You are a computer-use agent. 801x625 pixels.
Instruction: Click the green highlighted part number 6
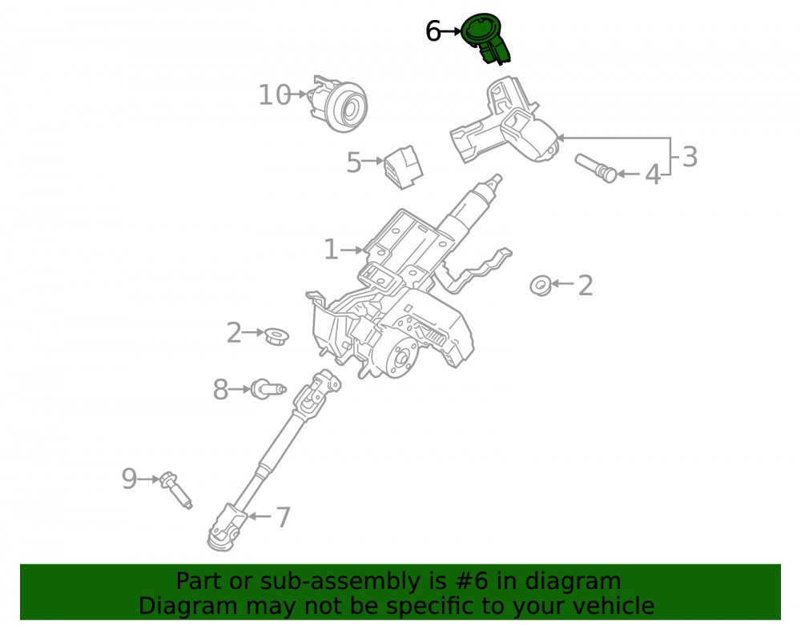pyautogui.click(x=485, y=38)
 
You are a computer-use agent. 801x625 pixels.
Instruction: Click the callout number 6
pyautogui.click(x=433, y=32)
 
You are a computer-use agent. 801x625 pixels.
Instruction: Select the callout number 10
pyautogui.click(x=274, y=95)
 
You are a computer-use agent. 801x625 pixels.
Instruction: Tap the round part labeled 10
pyautogui.click(x=340, y=104)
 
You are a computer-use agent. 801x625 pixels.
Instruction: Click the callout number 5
pyautogui.click(x=353, y=162)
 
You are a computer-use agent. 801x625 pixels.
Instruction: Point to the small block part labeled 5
pyautogui.click(x=404, y=166)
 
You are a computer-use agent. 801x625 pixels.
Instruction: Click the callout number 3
pyautogui.click(x=690, y=157)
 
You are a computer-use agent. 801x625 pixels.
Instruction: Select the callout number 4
pyautogui.click(x=652, y=174)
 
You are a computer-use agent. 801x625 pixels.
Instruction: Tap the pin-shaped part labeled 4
pyautogui.click(x=596, y=168)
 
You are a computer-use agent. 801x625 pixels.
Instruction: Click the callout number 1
pyautogui.click(x=331, y=250)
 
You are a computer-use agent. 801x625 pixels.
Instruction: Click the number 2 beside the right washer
pyautogui.click(x=586, y=285)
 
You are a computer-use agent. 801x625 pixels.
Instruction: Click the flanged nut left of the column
pyautogui.click(x=276, y=336)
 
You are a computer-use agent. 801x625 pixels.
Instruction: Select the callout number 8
pyautogui.click(x=220, y=390)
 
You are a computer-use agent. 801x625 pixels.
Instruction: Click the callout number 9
pyautogui.click(x=129, y=479)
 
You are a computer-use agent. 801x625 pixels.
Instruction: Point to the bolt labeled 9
pyautogui.click(x=175, y=491)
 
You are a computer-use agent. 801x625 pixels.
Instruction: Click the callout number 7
pyautogui.click(x=283, y=517)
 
